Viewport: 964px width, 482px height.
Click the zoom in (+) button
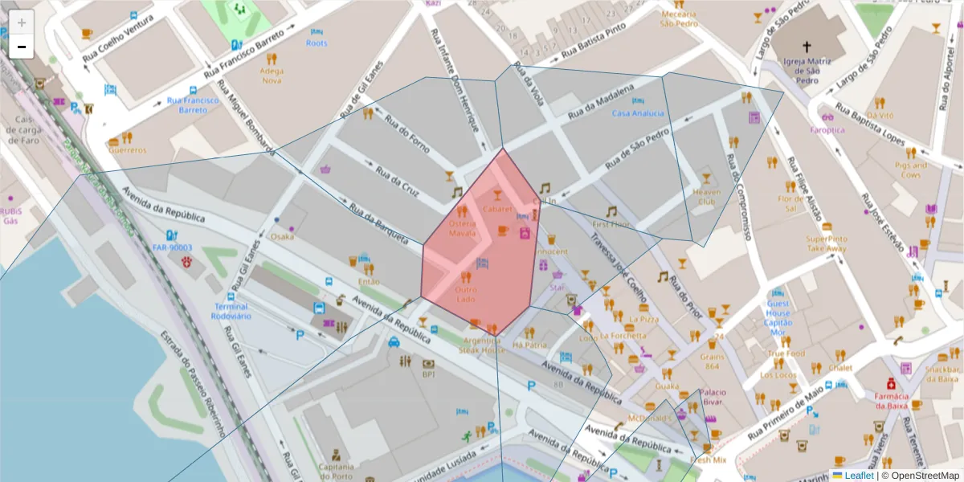tap(22, 22)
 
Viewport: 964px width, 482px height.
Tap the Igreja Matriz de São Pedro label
tap(807, 69)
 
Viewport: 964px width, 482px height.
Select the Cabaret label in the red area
tap(497, 209)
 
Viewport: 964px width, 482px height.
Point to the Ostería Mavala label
tap(462, 228)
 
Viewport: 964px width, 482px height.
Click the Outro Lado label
tap(466, 294)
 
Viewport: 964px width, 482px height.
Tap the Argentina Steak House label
tap(482, 345)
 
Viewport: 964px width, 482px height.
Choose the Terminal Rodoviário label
tap(231, 311)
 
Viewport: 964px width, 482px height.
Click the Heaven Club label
tap(707, 197)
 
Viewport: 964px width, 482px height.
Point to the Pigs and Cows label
tap(910, 170)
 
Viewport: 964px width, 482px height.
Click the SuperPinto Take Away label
tap(827, 243)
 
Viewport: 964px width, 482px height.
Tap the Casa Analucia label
tap(638, 113)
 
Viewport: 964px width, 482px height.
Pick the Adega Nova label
tap(272, 76)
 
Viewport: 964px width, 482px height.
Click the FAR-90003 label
tap(171, 247)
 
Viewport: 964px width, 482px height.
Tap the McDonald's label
tap(649, 419)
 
